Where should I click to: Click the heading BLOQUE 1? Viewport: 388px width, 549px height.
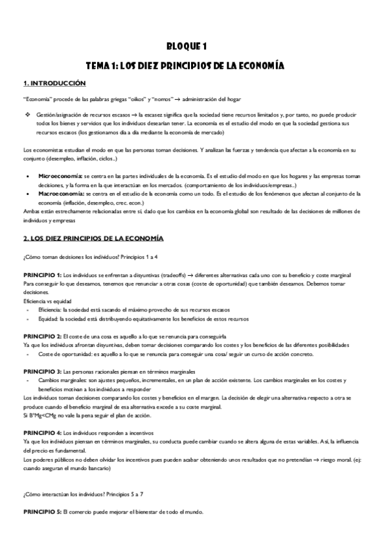[x=195, y=47]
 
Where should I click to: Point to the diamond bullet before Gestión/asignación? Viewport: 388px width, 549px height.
[x=28, y=115]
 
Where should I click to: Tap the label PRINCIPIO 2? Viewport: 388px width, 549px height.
[x=42, y=336]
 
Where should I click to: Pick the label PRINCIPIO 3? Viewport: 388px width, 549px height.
[x=42, y=372]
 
